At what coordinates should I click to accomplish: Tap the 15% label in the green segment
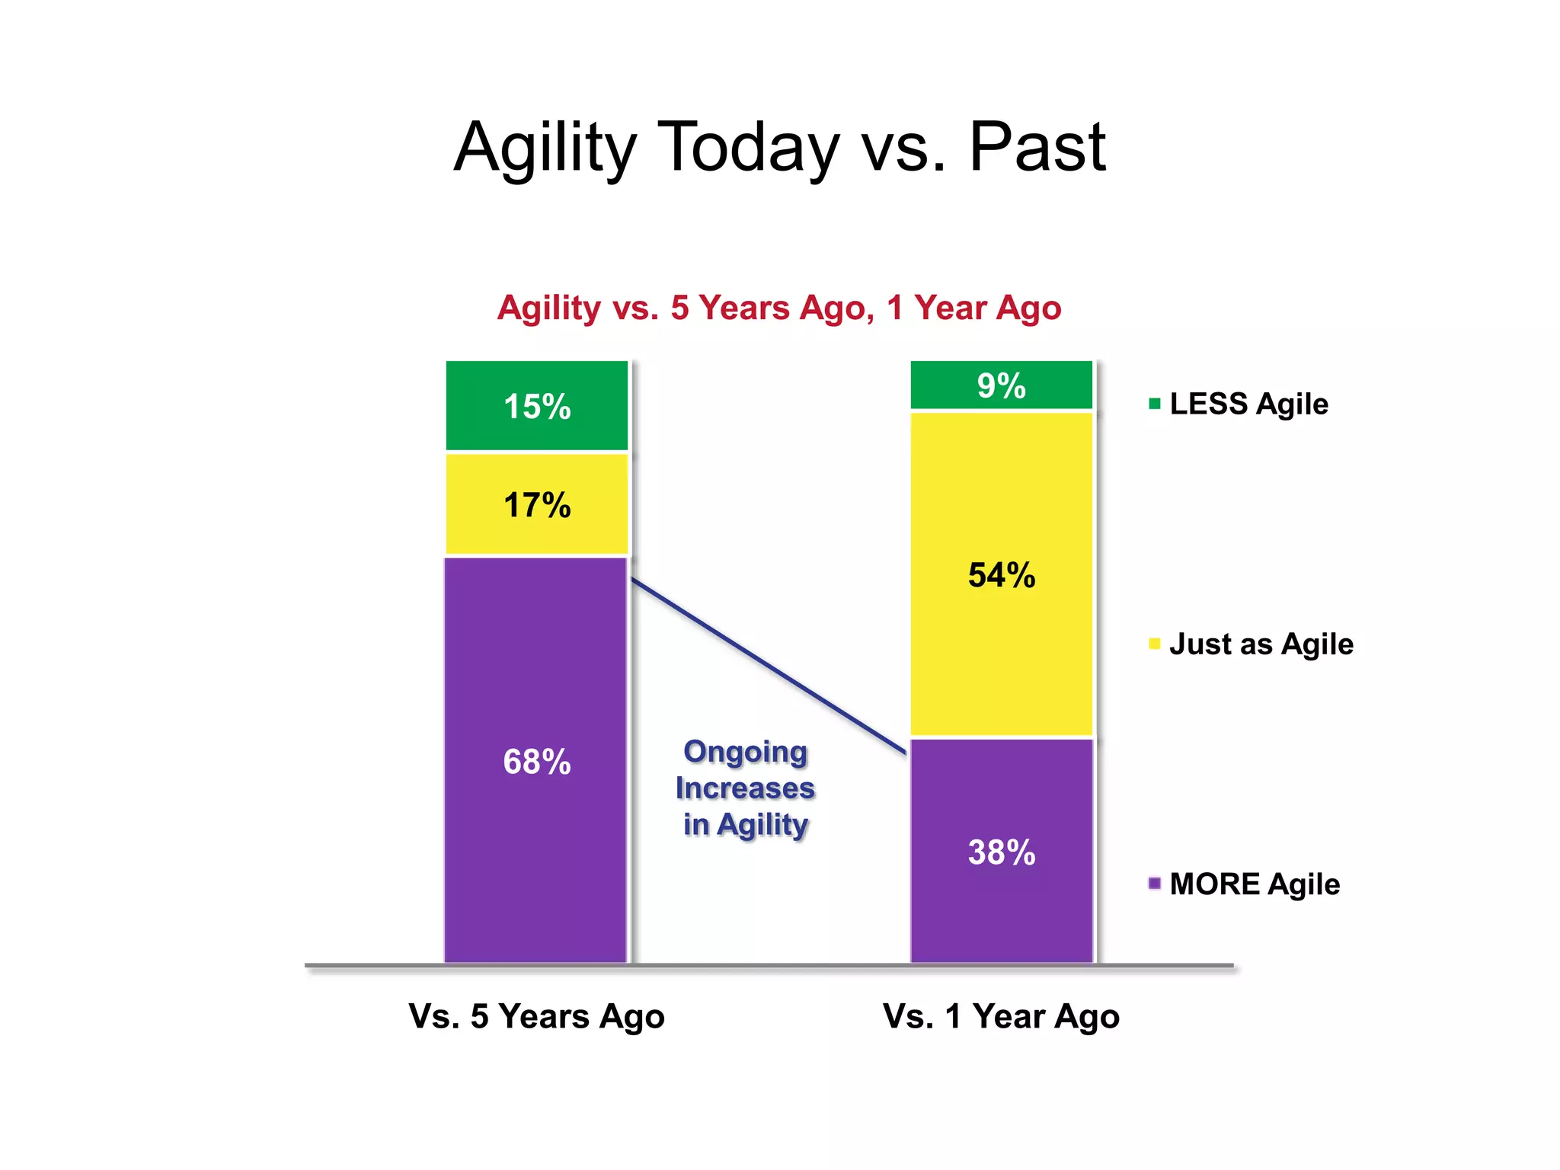point(537,407)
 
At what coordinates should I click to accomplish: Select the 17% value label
point(537,506)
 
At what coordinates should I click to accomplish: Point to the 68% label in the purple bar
point(537,762)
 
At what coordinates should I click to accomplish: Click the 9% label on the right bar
point(1001,386)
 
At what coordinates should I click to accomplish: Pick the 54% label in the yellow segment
point(1001,575)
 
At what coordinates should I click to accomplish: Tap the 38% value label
point(1001,852)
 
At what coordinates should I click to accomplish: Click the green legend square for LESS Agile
point(1155,404)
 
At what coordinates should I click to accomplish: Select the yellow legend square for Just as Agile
point(1155,644)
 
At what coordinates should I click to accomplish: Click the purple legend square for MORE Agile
point(1155,884)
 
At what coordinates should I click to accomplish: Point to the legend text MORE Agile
point(1255,884)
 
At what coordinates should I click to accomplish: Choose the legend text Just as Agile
point(1261,644)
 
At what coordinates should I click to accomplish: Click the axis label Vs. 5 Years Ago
point(536,1017)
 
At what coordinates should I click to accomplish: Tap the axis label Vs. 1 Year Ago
point(1001,1017)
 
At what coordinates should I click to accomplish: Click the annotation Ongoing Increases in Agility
point(745,788)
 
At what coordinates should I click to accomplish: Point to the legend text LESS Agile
point(1248,404)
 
